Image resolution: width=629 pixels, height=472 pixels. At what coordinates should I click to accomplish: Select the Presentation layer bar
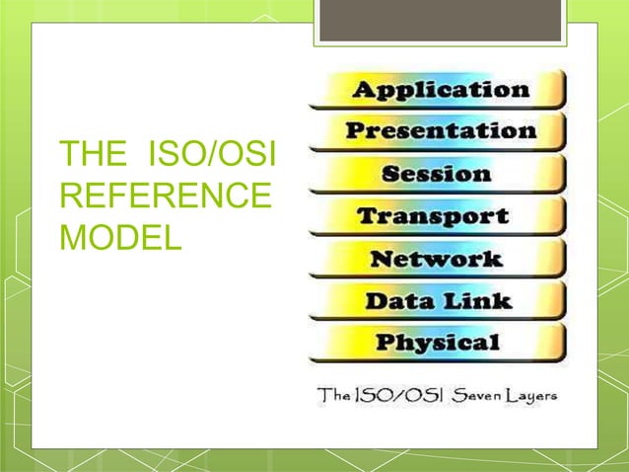pyautogui.click(x=440, y=131)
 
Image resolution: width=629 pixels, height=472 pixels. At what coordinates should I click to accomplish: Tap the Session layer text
pyautogui.click(x=436, y=174)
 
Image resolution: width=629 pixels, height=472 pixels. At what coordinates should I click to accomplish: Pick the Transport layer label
pyautogui.click(x=433, y=216)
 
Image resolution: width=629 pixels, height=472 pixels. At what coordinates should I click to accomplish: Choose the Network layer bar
pyautogui.click(x=435, y=259)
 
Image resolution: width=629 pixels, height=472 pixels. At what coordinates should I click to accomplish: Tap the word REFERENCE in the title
pyautogui.click(x=166, y=197)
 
